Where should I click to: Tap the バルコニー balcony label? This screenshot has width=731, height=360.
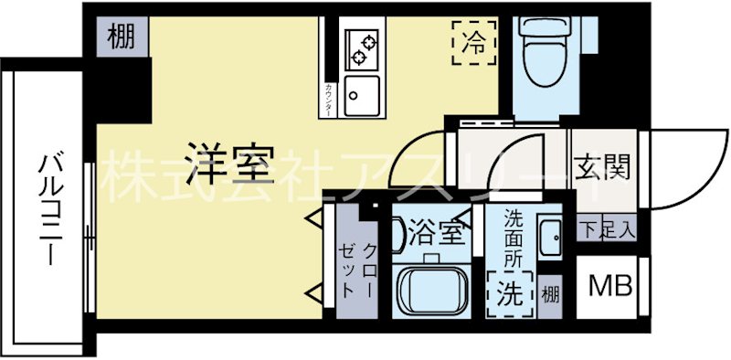[48, 211]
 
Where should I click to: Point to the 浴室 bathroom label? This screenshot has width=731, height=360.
[435, 232]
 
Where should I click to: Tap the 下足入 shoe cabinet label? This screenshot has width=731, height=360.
[604, 230]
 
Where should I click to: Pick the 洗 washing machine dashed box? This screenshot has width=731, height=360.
[510, 293]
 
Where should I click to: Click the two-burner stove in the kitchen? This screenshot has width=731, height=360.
[362, 48]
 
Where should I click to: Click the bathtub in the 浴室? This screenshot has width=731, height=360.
[433, 290]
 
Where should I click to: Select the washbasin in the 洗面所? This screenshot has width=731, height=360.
[550, 239]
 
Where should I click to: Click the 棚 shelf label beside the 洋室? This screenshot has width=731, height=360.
[121, 38]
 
